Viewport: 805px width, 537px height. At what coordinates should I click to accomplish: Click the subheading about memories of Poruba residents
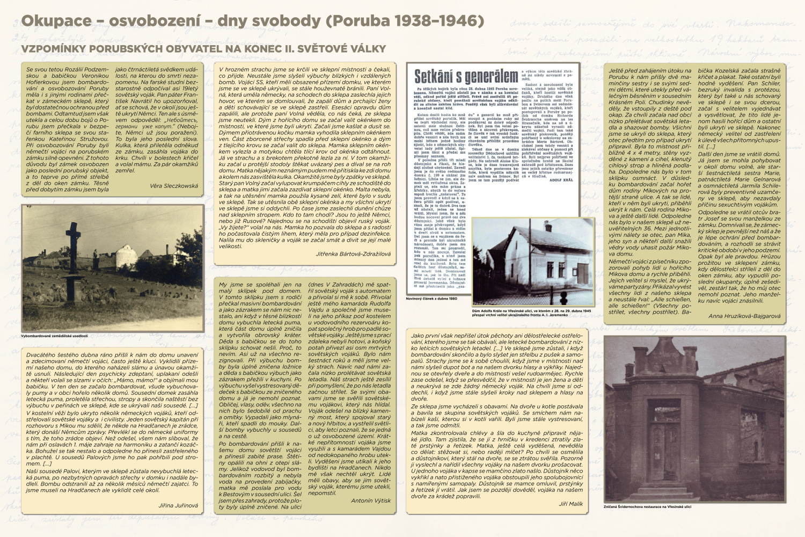click(204, 49)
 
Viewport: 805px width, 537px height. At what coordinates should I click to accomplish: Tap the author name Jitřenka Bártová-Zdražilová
click(346, 254)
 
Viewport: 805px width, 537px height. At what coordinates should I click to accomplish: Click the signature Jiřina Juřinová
click(178, 505)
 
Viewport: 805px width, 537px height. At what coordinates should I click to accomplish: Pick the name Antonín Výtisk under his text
click(371, 500)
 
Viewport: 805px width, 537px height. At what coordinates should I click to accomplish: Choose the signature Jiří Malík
click(570, 504)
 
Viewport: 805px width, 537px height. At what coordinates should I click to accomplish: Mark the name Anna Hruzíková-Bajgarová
click(744, 316)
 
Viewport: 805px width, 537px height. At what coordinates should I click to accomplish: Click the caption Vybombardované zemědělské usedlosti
click(55, 336)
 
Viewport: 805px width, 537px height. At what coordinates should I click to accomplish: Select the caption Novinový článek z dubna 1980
click(431, 298)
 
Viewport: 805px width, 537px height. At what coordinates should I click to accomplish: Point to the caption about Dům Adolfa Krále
click(531, 313)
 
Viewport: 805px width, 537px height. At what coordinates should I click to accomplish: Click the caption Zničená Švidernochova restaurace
click(647, 506)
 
